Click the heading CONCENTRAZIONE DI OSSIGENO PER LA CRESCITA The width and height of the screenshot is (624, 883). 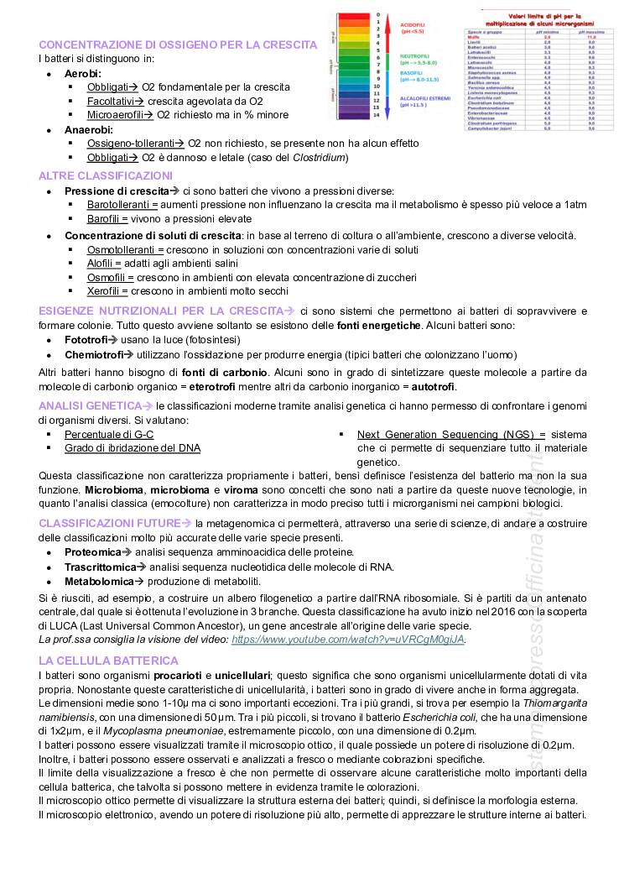(178, 44)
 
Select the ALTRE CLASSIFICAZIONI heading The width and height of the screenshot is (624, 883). (105, 175)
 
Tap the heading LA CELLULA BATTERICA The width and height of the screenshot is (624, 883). (98, 661)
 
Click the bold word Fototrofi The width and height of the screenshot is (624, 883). (88, 339)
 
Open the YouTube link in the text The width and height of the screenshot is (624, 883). (347, 640)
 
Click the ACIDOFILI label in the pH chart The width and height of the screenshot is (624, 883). (413, 24)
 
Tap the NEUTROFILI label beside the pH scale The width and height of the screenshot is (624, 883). (415, 56)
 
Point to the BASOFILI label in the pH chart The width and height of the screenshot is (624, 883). (412, 74)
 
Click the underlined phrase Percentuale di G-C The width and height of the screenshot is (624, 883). (108, 434)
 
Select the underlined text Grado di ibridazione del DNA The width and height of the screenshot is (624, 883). (133, 448)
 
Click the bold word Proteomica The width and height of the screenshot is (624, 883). (92, 551)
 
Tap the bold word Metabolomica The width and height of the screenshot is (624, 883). (97, 581)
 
